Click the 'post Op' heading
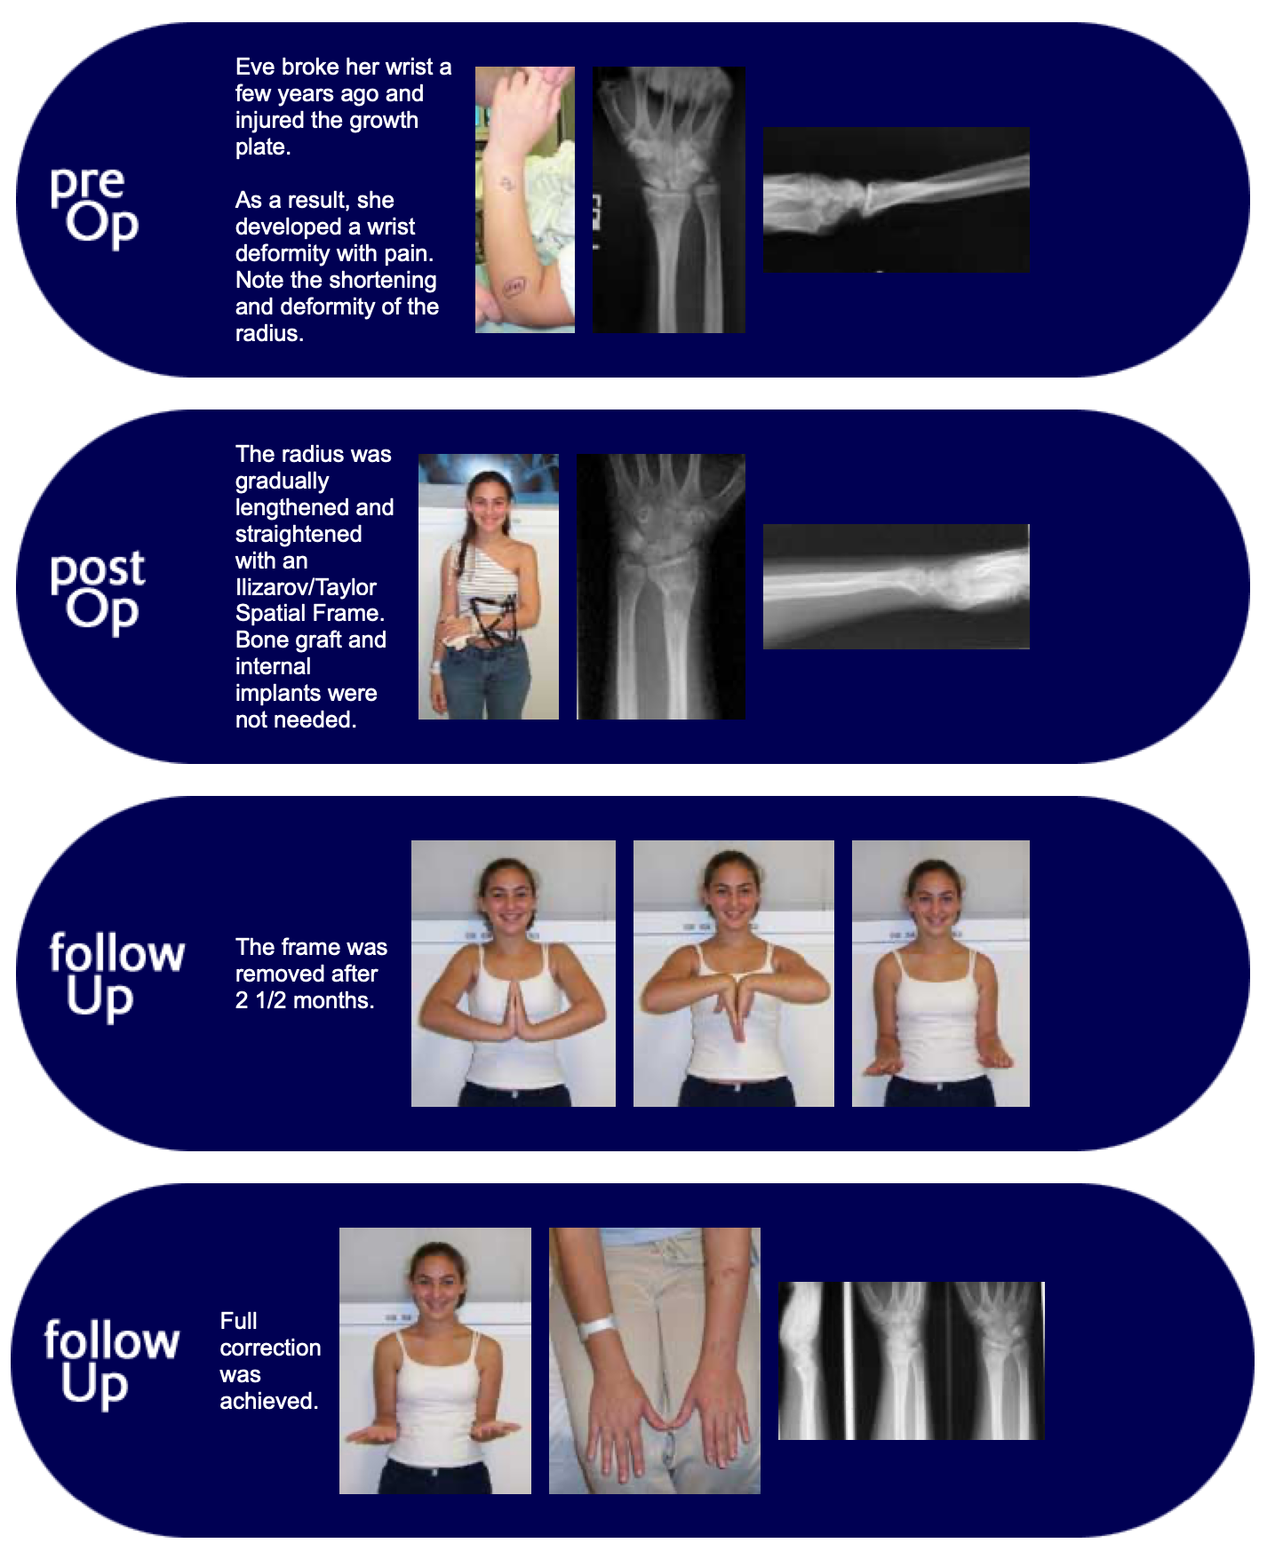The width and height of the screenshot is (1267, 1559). click(97, 591)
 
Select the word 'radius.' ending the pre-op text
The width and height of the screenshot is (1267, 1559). click(269, 334)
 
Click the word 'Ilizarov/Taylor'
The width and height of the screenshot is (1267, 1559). click(306, 587)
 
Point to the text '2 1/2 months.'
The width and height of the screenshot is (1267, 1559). click(305, 1001)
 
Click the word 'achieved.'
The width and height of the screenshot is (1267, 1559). click(268, 1401)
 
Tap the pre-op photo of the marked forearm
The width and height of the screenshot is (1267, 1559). click(524, 200)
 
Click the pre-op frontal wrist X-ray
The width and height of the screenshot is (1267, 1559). click(669, 200)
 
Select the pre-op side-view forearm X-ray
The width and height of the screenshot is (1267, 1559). click(896, 200)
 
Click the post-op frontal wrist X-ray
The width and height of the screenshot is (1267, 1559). click(661, 586)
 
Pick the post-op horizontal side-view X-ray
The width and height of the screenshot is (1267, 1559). click(896, 586)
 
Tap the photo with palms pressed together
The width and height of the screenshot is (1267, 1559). click(513, 973)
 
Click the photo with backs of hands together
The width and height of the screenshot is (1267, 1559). click(733, 973)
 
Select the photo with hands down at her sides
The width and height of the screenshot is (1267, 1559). click(940, 973)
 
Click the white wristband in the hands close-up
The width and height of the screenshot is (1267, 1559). click(595, 1328)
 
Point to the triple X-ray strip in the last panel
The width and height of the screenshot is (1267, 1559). click(911, 1360)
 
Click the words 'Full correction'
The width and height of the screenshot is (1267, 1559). click(269, 1334)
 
